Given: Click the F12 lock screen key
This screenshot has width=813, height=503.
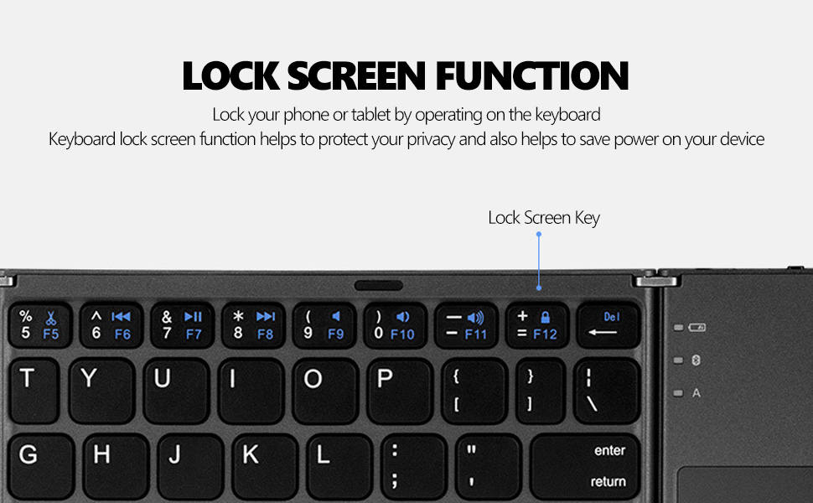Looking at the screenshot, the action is point(537,325).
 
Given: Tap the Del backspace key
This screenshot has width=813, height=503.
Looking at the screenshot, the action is point(608,325).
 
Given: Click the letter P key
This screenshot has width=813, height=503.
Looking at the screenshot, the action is point(400,391).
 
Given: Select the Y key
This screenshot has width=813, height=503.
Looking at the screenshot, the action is point(102,391).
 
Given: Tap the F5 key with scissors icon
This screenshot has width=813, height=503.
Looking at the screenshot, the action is point(40,325).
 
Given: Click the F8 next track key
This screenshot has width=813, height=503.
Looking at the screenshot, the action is point(253,325).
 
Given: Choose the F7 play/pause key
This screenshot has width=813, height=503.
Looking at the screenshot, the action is point(182,325).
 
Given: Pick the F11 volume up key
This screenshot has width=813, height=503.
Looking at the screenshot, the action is point(466,325).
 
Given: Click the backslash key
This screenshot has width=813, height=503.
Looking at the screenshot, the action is point(607,391).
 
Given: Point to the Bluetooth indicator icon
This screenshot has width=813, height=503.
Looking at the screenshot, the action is point(696,360).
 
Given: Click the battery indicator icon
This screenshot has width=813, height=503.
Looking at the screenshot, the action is point(696,327).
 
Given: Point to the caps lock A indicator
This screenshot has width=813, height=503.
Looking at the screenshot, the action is point(696,393).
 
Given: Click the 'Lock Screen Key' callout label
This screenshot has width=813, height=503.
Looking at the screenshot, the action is point(544,218).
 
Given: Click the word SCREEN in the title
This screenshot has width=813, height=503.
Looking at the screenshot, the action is point(356,75).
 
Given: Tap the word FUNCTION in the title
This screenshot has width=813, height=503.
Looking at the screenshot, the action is point(532,75).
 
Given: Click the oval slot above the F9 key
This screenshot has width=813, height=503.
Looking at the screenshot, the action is point(379,285).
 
